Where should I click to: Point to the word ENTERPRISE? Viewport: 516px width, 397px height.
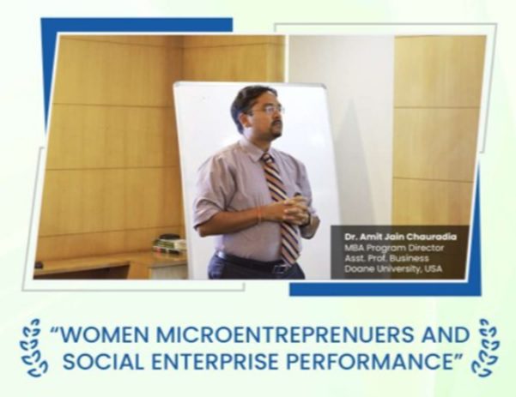(216, 362)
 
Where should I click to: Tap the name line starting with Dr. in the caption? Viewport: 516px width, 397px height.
(400, 237)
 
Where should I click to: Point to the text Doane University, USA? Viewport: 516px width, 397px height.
(393, 269)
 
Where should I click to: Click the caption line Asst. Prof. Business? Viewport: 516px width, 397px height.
(386, 258)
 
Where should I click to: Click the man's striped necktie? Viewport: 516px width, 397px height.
(281, 207)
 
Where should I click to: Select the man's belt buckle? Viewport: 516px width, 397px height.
(280, 268)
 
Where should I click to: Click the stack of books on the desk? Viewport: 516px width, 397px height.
(169, 244)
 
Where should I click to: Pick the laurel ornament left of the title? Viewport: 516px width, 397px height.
(35, 347)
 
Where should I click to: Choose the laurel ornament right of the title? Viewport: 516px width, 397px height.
(485, 347)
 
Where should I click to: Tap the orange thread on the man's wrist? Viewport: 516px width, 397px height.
(259, 215)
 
